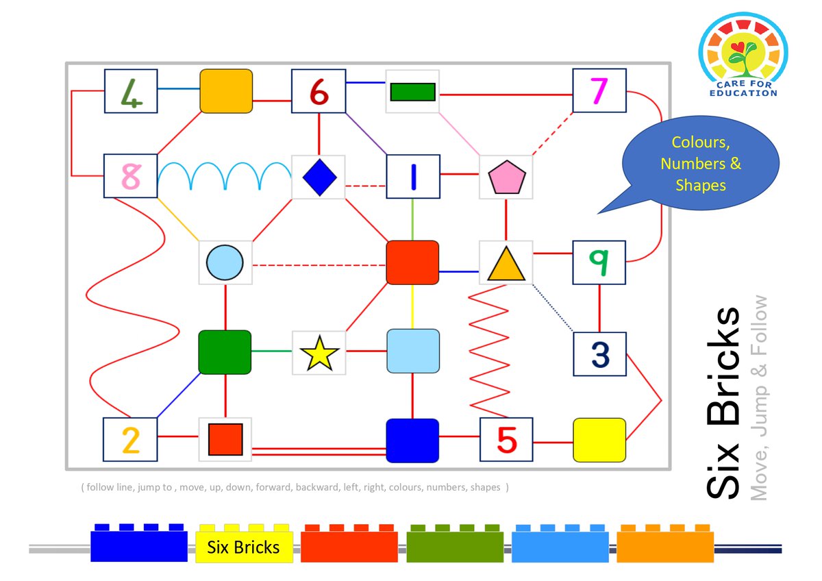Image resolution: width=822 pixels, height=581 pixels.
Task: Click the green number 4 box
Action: [131, 91]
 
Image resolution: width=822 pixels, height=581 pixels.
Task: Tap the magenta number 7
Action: [599, 91]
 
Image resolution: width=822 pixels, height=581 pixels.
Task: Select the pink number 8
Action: [130, 176]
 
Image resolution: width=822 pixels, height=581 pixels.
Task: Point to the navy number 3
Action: [599, 354]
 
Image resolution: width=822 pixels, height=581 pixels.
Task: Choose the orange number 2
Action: [130, 440]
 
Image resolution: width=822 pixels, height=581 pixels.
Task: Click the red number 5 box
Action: [506, 440]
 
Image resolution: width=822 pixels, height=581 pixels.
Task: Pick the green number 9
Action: [599, 262]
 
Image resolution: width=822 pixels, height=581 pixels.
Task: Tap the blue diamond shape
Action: [319, 177]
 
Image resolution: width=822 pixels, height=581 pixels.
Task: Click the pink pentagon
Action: [506, 177]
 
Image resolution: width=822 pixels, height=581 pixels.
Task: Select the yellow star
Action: [319, 354]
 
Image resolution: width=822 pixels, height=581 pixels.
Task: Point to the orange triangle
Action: [506, 263]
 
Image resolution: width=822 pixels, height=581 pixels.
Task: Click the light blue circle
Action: [225, 262]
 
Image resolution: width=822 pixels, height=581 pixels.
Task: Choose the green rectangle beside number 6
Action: [412, 91]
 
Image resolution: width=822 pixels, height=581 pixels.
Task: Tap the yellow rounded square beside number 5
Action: [599, 440]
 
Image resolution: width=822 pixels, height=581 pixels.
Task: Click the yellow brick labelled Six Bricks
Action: [244, 544]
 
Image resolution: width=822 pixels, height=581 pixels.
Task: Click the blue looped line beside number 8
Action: [225, 176]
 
